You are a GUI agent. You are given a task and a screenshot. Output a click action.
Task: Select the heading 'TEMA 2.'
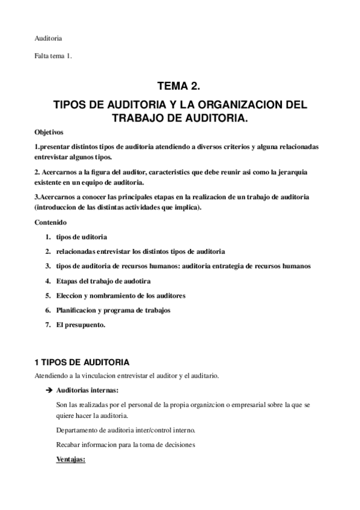179,87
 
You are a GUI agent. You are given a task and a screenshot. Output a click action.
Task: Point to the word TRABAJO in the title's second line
139,118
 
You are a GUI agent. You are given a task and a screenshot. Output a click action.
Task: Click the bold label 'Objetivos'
49,132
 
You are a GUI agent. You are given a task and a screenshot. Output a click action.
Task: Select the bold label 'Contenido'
50,223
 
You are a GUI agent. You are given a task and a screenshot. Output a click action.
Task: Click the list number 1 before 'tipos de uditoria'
47,237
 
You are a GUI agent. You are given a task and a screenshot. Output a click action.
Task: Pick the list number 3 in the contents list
47,266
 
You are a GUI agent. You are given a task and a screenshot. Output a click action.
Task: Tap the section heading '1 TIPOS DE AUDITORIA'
81,363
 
